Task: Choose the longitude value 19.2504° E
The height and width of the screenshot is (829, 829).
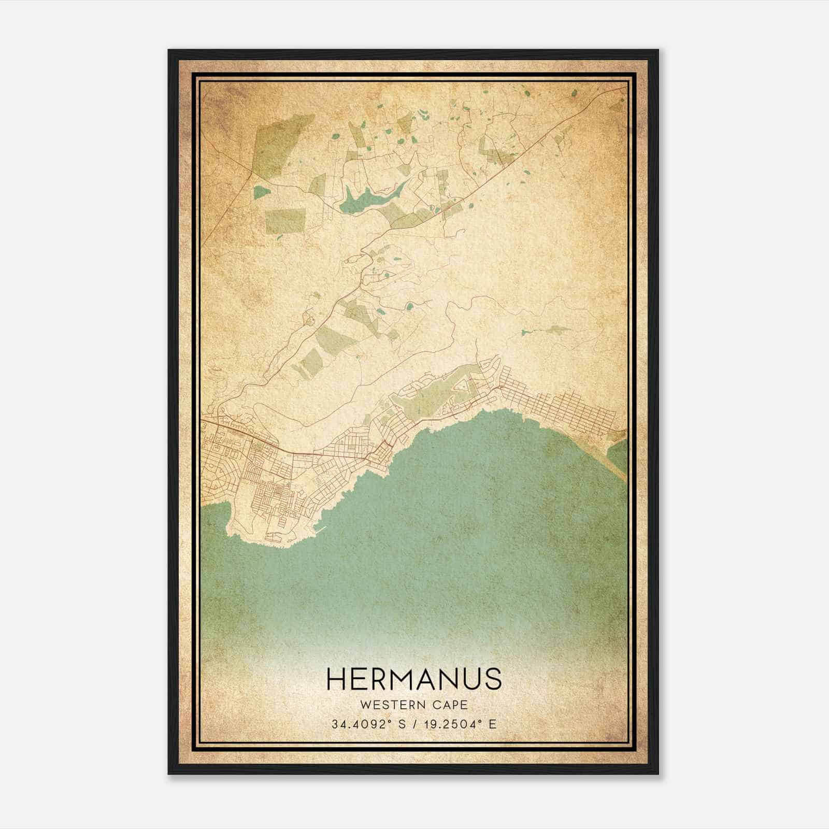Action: tap(461, 724)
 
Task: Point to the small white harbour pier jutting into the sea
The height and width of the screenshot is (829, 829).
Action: tap(320, 531)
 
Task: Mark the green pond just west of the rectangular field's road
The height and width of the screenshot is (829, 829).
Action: tap(262, 192)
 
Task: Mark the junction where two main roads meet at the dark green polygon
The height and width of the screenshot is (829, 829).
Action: tap(252, 169)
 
